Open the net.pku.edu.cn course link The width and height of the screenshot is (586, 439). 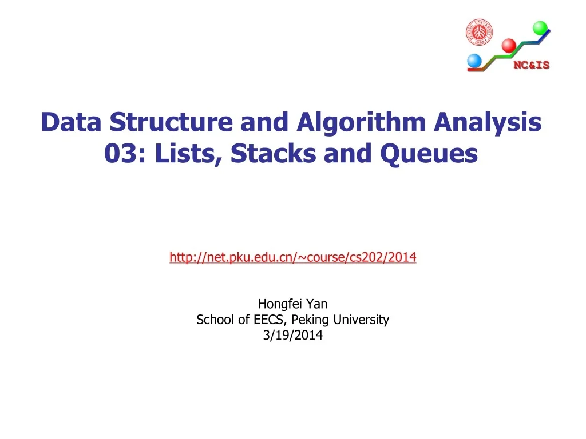[x=292, y=258]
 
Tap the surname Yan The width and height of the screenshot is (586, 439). [x=318, y=304]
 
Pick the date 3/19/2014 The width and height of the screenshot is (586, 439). [x=292, y=336]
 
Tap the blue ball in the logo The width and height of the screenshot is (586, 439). [x=474, y=61]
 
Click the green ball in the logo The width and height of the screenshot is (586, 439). [x=540, y=28]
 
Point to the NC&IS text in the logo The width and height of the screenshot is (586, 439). [x=531, y=65]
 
